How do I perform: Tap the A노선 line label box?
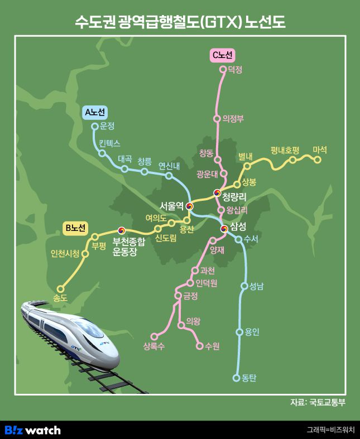click(x=94, y=112)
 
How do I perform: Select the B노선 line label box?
click(x=75, y=228)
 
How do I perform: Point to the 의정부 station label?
click(x=233, y=118)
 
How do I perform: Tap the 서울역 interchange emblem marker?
click(x=189, y=206)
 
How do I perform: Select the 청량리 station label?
click(x=235, y=196)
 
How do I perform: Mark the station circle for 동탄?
click(x=236, y=378)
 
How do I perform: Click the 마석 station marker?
click(x=318, y=160)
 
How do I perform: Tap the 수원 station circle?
click(x=200, y=346)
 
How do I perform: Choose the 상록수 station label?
click(x=153, y=346)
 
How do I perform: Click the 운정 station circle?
click(x=94, y=126)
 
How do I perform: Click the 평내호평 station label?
click(x=285, y=150)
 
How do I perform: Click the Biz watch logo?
click(x=32, y=430)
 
